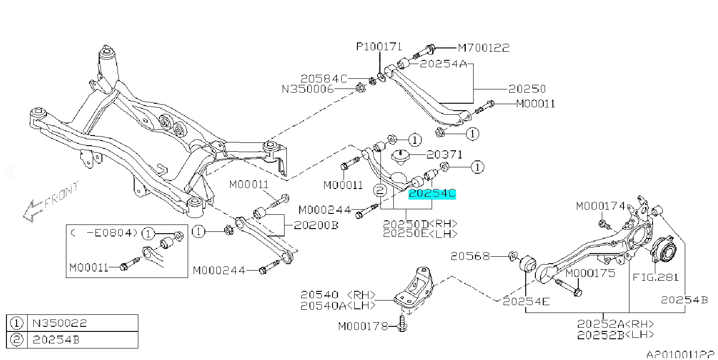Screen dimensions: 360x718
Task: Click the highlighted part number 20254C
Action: pyautogui.click(x=432, y=195)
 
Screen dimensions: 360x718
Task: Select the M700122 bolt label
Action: pyautogui.click(x=484, y=47)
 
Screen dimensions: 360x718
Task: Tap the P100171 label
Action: pyautogui.click(x=379, y=47)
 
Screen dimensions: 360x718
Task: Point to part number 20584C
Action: pyautogui.click(x=324, y=79)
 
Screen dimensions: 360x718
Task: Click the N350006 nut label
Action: pyautogui.click(x=308, y=89)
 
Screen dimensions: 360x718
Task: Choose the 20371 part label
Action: pyautogui.click(x=444, y=155)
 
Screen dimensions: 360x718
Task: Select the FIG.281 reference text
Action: pyautogui.click(x=656, y=277)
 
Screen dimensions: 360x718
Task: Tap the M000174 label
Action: pyautogui.click(x=600, y=206)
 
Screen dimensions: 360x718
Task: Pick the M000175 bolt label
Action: pyautogui.click(x=590, y=273)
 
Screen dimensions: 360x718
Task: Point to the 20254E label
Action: pyautogui.click(x=526, y=301)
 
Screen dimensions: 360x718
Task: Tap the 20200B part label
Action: pyautogui.click(x=316, y=225)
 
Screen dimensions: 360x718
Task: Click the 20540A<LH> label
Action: pyautogui.click(x=338, y=306)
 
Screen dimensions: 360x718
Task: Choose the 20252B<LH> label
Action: pyautogui.click(x=616, y=335)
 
